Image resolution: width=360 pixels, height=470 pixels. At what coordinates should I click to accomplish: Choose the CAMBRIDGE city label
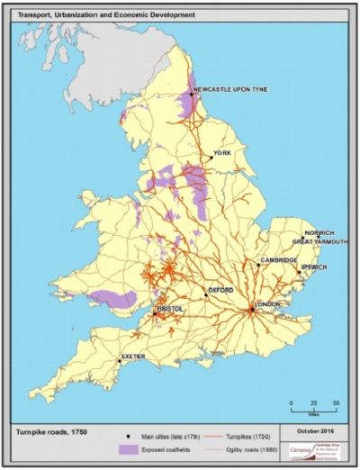tap(278, 260)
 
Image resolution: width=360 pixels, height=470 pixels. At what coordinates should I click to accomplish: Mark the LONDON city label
tap(268, 303)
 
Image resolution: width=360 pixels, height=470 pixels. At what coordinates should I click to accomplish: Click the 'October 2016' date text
tap(316, 431)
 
